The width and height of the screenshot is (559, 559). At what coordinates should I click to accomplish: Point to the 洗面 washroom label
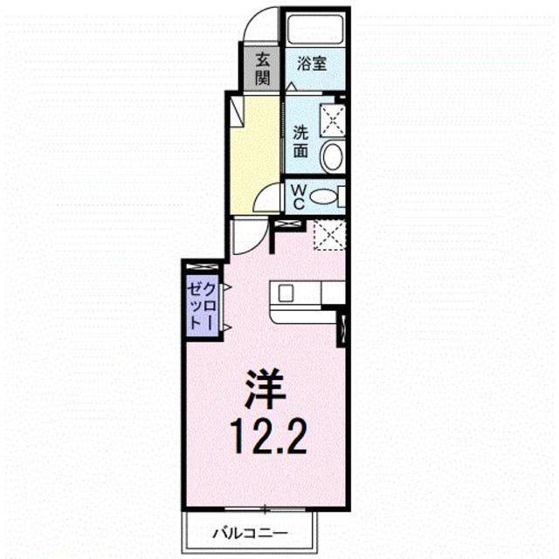[x=300, y=141]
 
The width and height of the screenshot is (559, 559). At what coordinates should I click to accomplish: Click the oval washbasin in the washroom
[x=332, y=157]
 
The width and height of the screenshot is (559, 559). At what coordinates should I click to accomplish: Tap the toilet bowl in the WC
[x=325, y=197]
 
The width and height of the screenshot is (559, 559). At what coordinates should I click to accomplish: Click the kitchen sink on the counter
[x=288, y=293]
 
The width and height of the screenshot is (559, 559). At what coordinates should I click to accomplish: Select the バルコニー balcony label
[x=251, y=530]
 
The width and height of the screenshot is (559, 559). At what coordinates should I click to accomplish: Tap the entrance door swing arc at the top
[x=259, y=24]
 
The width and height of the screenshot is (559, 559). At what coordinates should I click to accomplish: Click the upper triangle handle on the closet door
[x=225, y=286]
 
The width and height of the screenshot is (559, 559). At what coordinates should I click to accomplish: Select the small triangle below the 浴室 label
[x=291, y=86]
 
